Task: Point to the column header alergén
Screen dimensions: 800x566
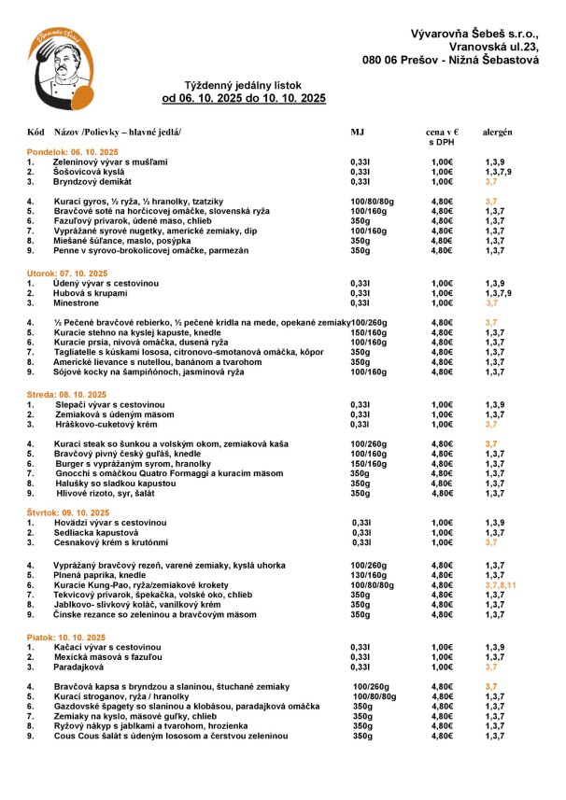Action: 497,133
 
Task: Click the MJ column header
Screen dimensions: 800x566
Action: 357,133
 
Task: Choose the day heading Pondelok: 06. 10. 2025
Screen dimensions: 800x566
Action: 73,151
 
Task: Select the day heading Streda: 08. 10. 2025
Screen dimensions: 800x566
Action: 66,394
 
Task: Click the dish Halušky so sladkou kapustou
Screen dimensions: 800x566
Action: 108,484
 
